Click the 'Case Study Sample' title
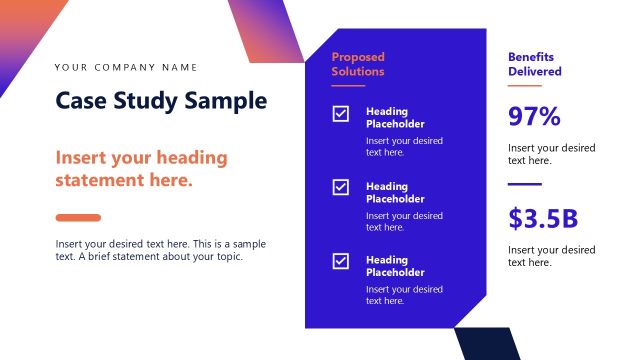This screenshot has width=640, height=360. click(x=161, y=101)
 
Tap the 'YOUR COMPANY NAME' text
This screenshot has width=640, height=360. click(x=126, y=68)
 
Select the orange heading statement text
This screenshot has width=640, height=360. click(x=141, y=169)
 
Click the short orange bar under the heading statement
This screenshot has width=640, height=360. click(x=78, y=217)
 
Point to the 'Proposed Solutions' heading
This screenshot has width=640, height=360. click(x=358, y=64)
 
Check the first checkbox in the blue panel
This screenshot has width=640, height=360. click(x=341, y=114)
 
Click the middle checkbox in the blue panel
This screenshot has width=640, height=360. click(x=341, y=187)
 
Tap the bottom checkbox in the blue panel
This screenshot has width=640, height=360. click(x=341, y=261)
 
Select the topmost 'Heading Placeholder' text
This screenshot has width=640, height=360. click(x=395, y=118)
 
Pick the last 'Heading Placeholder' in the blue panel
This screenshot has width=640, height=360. click(x=395, y=266)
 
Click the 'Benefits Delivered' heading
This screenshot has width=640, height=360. click(x=535, y=64)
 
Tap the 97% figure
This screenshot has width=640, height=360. click(x=534, y=117)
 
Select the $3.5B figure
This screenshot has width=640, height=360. click(x=543, y=218)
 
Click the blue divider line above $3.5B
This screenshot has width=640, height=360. click(x=525, y=184)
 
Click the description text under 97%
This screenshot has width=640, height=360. click(x=551, y=154)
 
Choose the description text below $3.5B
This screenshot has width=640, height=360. click(x=551, y=256)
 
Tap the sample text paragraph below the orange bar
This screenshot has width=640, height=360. click(x=161, y=250)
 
